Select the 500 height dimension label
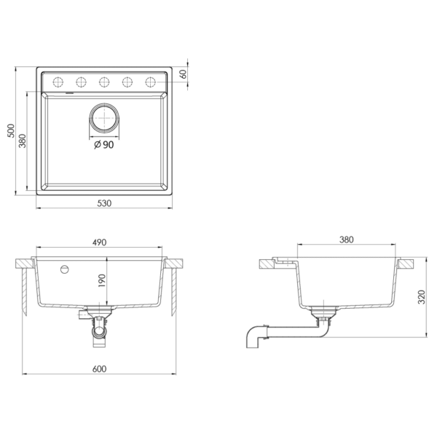(10, 132)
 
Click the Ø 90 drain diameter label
(104, 145)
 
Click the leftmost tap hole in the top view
(58, 81)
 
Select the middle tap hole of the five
(104, 81)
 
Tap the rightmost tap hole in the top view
(151, 81)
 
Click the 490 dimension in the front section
(100, 243)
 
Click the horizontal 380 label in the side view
(347, 240)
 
